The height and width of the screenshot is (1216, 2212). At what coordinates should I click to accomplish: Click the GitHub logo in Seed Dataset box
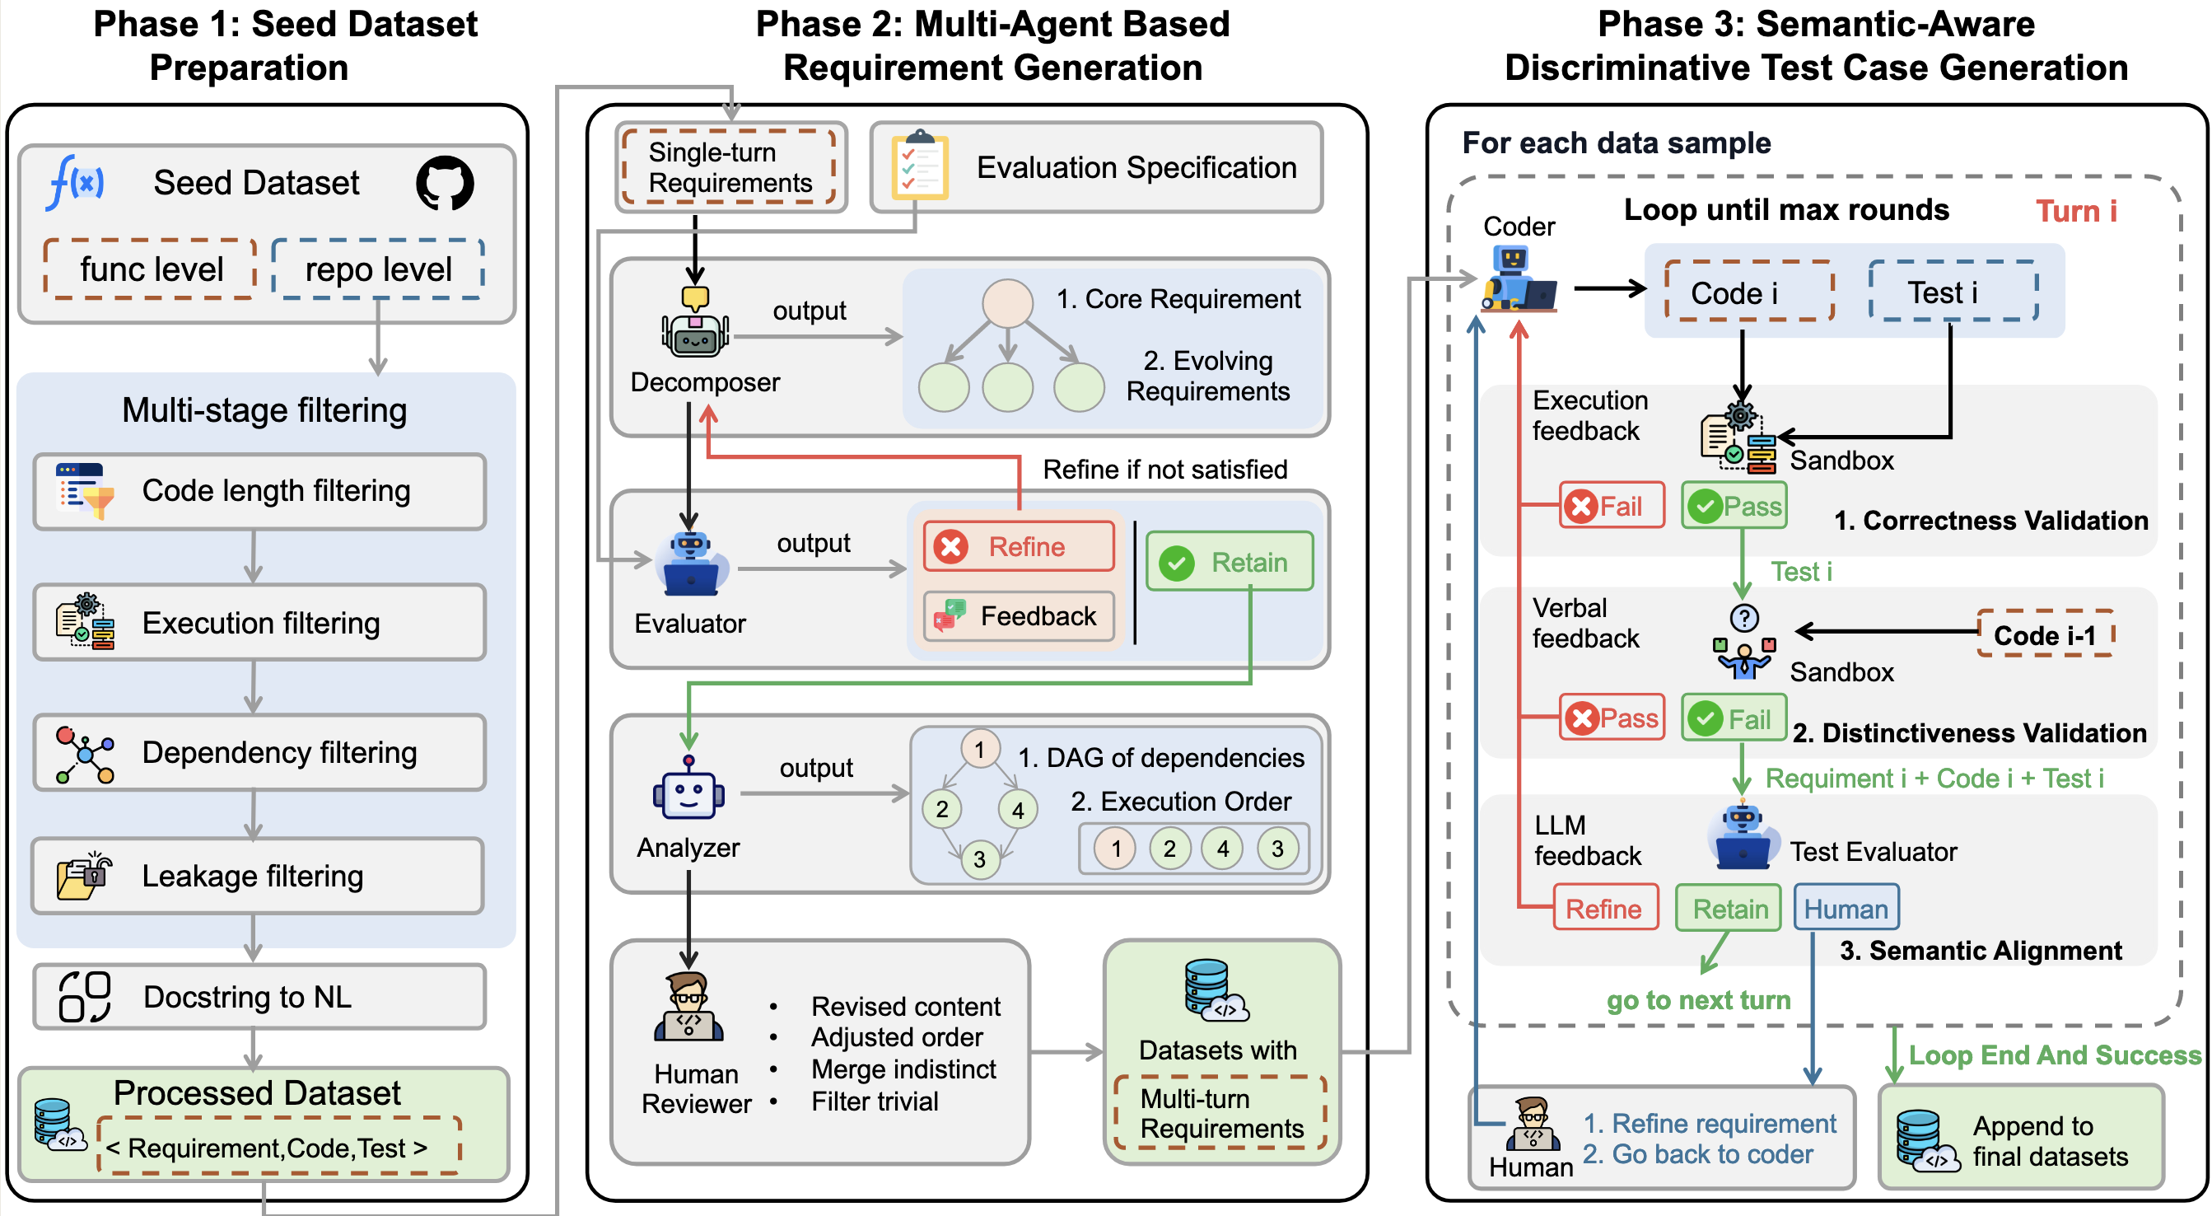tap(445, 183)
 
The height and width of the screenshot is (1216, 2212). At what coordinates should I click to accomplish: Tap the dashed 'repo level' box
tap(378, 269)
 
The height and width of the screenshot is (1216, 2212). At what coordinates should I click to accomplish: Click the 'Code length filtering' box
tap(259, 491)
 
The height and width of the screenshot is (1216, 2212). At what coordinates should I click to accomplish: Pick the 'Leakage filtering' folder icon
tap(83, 876)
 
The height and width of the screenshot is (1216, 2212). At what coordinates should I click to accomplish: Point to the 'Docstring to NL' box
tap(259, 997)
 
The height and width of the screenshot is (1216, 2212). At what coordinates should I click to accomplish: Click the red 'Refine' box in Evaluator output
tap(1019, 547)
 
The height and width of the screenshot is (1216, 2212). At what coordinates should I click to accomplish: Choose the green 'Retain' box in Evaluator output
tap(1230, 563)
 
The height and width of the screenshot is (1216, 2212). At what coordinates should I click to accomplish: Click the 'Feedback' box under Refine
tap(1019, 615)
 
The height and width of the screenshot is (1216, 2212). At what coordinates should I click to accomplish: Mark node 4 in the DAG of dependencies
tap(1018, 810)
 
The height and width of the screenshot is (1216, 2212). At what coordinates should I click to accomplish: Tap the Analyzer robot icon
tap(688, 790)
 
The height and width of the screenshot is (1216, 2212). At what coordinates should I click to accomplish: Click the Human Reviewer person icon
tap(688, 1008)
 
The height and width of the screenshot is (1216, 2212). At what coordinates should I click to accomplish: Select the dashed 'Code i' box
tap(1748, 292)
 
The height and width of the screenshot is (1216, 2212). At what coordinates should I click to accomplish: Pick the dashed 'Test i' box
tap(1952, 292)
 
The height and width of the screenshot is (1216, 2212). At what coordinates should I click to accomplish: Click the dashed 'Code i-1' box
tap(2045, 634)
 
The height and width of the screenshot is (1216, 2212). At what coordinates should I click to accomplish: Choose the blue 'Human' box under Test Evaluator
tap(1846, 909)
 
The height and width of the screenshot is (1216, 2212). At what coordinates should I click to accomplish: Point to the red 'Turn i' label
tap(2075, 211)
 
